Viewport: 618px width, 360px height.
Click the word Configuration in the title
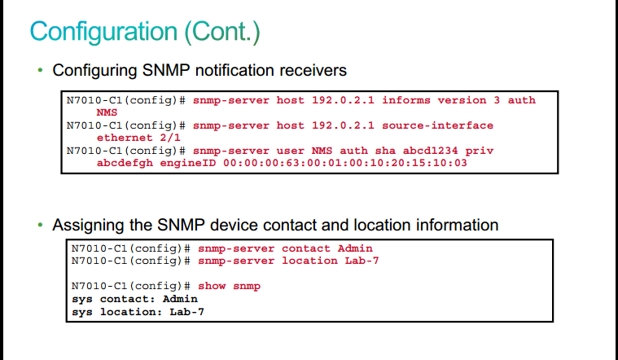[x=103, y=33]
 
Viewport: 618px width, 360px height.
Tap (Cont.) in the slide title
[x=222, y=32]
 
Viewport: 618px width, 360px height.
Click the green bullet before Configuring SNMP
[x=40, y=71]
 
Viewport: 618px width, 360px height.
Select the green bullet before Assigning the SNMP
[x=40, y=225]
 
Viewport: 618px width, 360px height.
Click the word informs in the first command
[x=406, y=100]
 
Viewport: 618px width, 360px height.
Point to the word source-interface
[x=437, y=125]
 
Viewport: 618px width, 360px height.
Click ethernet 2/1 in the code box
[x=138, y=138]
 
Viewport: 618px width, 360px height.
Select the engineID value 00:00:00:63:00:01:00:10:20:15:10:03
[x=345, y=163]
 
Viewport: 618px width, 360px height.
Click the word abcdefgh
[x=125, y=163]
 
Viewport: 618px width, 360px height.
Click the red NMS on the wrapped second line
[x=107, y=112]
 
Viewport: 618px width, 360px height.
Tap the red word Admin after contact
[x=355, y=248]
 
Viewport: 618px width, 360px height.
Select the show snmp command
[x=229, y=286]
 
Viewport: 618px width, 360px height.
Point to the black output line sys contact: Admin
[x=134, y=299]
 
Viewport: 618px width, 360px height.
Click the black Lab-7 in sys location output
[x=186, y=312]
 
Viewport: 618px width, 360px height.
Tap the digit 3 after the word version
[x=497, y=100]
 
